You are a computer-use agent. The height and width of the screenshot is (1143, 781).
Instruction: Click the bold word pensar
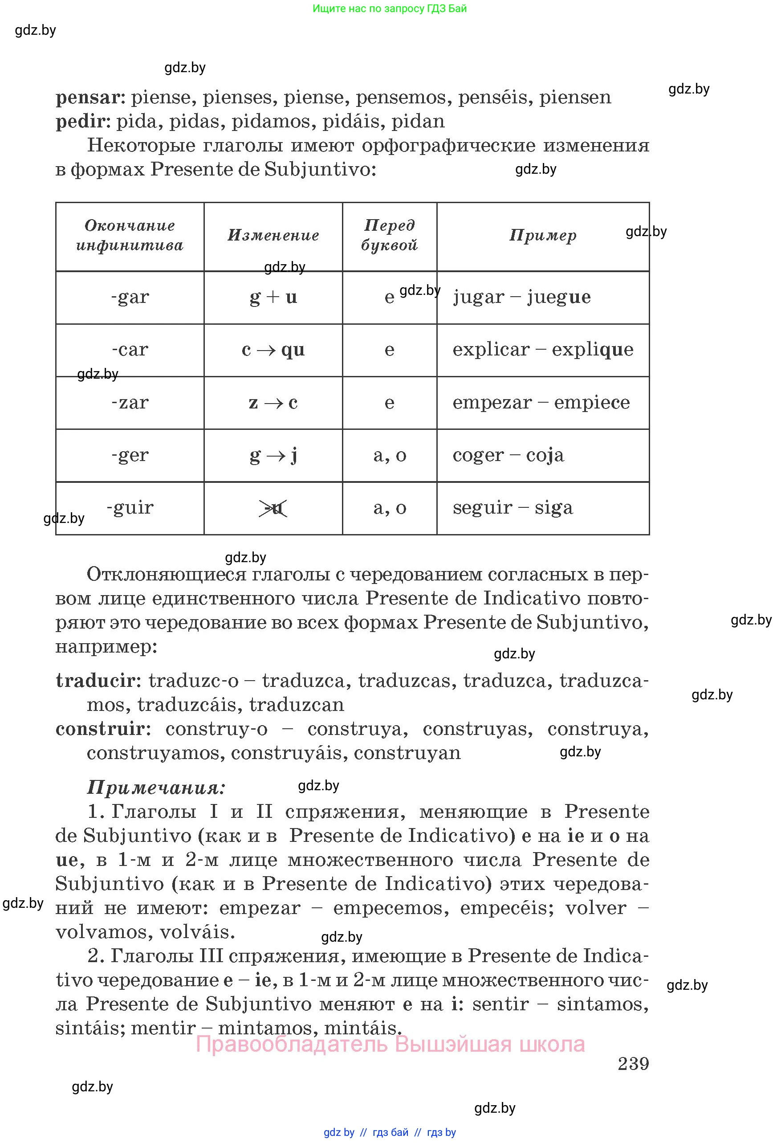(87, 98)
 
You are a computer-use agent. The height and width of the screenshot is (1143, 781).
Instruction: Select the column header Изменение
(273, 236)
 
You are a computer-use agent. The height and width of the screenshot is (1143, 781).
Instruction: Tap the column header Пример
(543, 236)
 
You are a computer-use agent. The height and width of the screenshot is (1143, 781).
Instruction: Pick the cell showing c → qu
(273, 350)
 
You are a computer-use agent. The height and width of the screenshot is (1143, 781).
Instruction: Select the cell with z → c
(273, 403)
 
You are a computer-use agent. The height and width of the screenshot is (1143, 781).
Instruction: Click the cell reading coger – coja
(508, 455)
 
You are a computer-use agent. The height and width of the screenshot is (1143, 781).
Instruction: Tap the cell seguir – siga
(513, 507)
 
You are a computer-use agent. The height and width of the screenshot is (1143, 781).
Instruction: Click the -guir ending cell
(130, 507)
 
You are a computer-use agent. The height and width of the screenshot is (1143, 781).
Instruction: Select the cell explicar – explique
(543, 350)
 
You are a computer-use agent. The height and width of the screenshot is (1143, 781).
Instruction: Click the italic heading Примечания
(156, 788)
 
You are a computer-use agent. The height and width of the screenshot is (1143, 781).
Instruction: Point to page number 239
(633, 1064)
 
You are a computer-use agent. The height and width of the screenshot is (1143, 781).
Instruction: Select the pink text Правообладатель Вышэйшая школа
(390, 1044)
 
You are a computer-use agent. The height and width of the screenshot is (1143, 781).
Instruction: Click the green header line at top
(390, 8)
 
